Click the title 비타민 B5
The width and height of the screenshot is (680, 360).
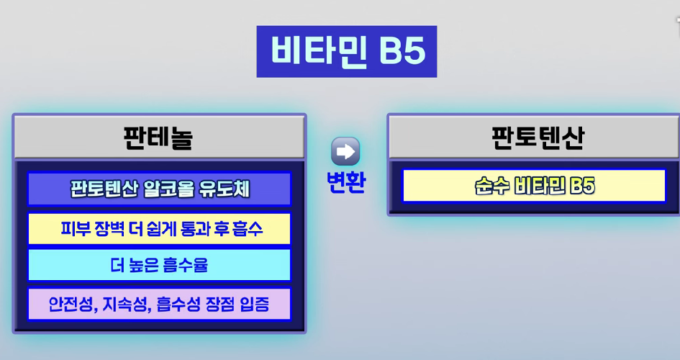tap(348, 52)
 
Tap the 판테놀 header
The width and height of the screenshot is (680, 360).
tap(159, 137)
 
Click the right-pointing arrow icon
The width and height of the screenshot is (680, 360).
tap(345, 151)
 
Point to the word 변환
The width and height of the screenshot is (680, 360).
tap(345, 182)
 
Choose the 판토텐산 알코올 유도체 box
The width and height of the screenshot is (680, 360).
tap(159, 189)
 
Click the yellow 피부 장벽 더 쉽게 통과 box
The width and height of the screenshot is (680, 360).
tap(159, 229)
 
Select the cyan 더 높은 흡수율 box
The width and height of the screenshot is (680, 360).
tap(159, 265)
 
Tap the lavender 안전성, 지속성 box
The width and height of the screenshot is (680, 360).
tap(159, 304)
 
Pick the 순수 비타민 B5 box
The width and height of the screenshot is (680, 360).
tap(534, 186)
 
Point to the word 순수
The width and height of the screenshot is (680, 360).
tap(491, 186)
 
